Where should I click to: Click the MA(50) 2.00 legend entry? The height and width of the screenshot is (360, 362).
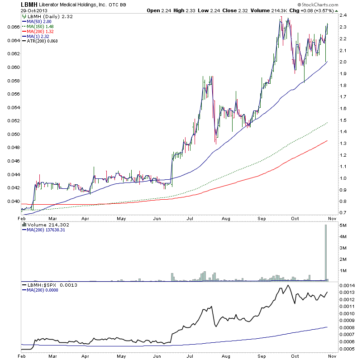[40, 21]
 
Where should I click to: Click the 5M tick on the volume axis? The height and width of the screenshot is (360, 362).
[343, 226]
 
